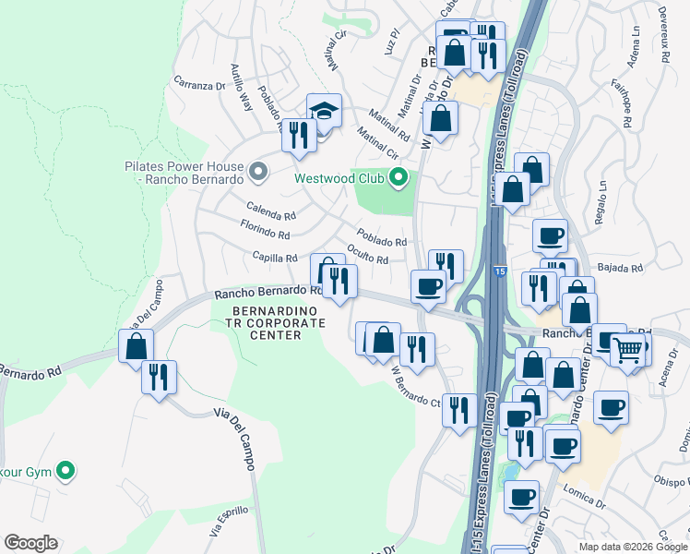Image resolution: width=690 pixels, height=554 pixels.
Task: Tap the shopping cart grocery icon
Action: (628, 351)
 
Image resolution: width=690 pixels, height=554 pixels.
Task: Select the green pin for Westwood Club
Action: (399, 176)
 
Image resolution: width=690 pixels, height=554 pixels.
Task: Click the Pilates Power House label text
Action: (184, 173)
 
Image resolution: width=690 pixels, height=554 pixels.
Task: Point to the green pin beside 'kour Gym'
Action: (65, 472)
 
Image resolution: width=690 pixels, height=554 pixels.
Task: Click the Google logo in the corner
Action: (30, 543)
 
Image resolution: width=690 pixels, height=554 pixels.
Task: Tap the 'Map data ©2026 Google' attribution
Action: (633, 547)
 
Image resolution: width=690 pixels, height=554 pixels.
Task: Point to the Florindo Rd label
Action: (266, 231)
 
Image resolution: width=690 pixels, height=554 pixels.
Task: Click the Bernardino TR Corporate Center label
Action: (267, 323)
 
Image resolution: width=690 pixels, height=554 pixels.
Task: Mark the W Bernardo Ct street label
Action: (415, 388)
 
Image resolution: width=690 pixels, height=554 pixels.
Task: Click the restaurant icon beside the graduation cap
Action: (297, 136)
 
